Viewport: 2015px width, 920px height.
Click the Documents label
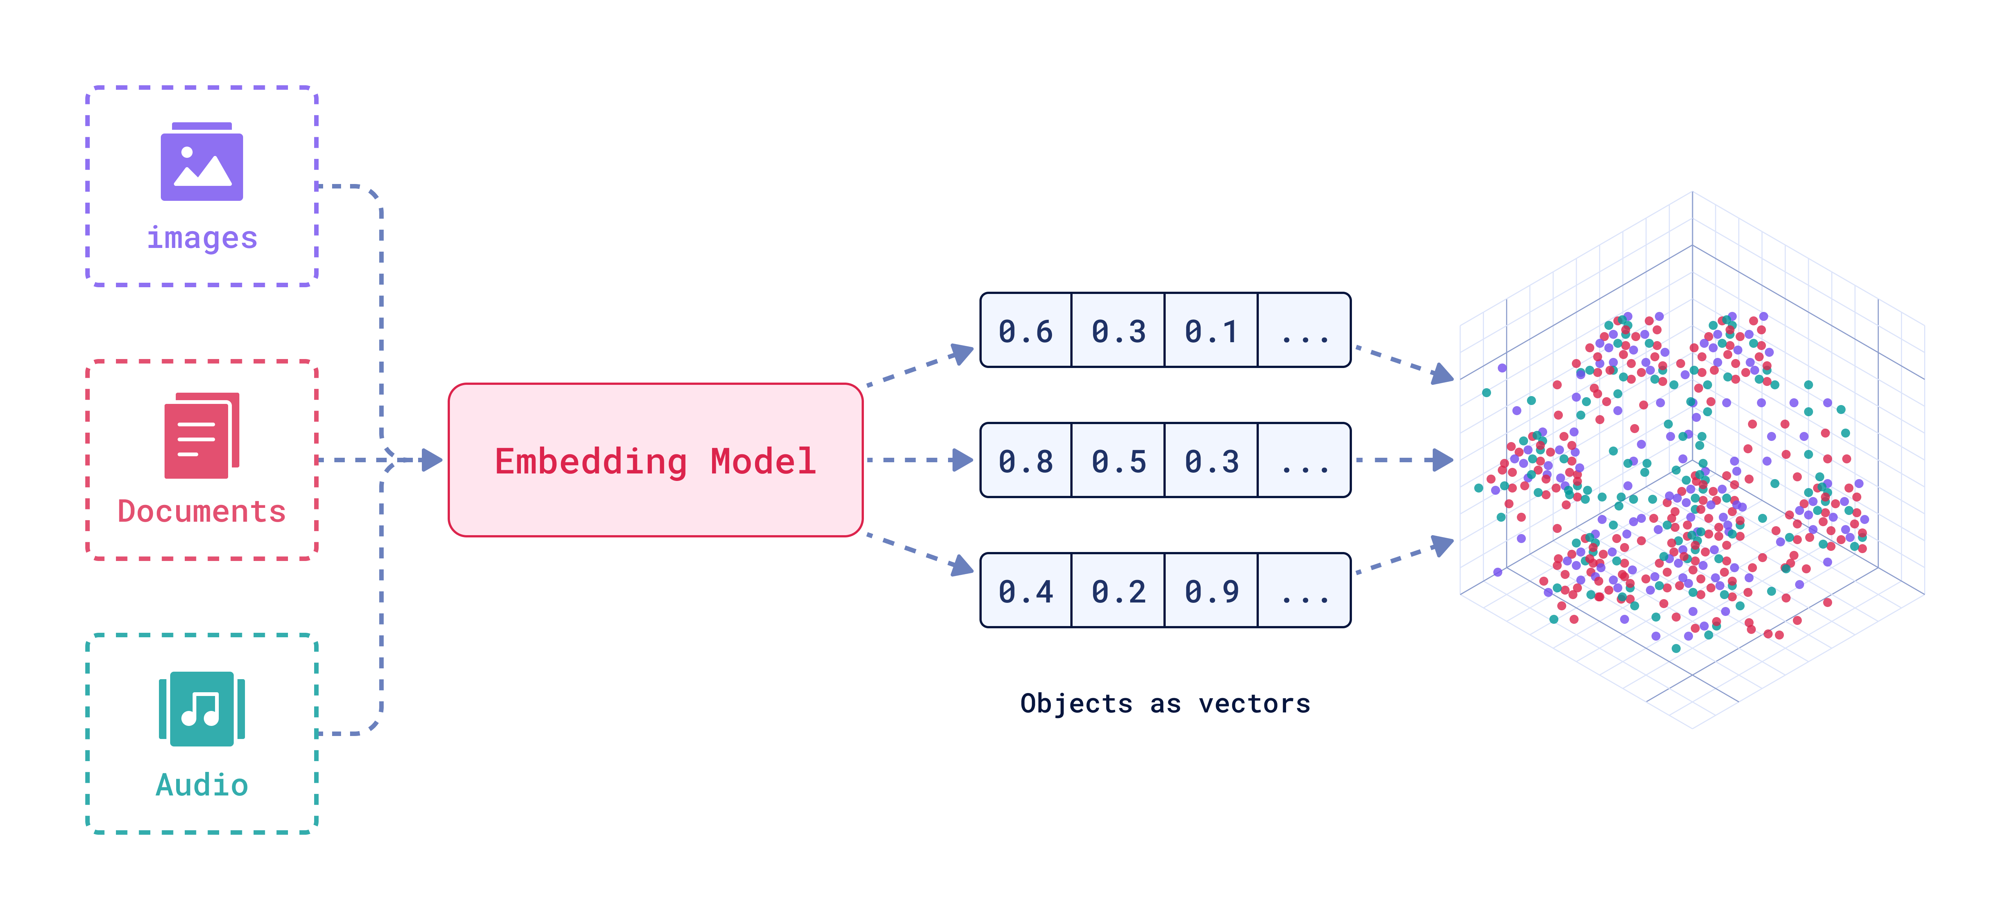202,512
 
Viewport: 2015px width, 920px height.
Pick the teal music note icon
202,709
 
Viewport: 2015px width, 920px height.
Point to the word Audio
202,785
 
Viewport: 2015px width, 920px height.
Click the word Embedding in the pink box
591,461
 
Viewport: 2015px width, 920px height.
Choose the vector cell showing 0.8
1025,461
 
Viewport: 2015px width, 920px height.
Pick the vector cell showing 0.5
1119,461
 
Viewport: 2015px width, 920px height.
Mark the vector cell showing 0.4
1025,591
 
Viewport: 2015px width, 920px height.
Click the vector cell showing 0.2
1119,591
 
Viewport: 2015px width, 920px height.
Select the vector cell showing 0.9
1211,591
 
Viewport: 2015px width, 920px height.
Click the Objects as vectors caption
1165,703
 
